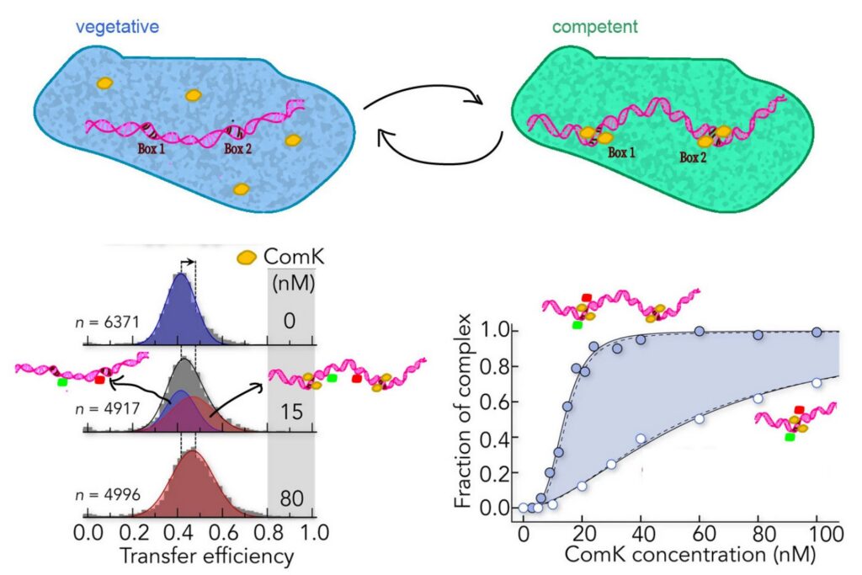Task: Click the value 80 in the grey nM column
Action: click(x=291, y=497)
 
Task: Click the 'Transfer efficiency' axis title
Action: click(x=196, y=556)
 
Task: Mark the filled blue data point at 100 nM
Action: click(x=817, y=333)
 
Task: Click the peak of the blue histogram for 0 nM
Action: click(x=181, y=278)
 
